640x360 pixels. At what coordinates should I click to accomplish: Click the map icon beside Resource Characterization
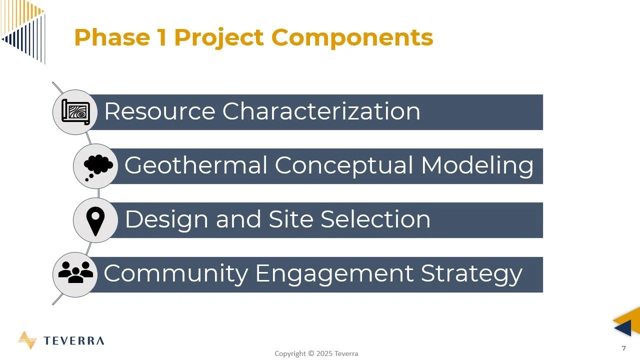(x=75, y=112)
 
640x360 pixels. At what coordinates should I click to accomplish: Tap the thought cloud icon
(x=96, y=166)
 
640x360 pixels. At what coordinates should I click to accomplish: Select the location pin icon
(x=95, y=220)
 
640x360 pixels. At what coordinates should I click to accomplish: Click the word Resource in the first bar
(x=159, y=111)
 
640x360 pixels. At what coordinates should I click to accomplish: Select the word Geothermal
(x=195, y=165)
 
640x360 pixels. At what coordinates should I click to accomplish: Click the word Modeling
(x=477, y=166)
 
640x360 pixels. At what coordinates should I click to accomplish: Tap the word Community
(x=175, y=273)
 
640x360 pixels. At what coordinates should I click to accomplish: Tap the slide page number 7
(x=623, y=348)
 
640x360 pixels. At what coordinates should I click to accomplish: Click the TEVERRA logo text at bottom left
(x=73, y=341)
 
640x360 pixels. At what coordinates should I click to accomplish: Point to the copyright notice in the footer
(x=316, y=353)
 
